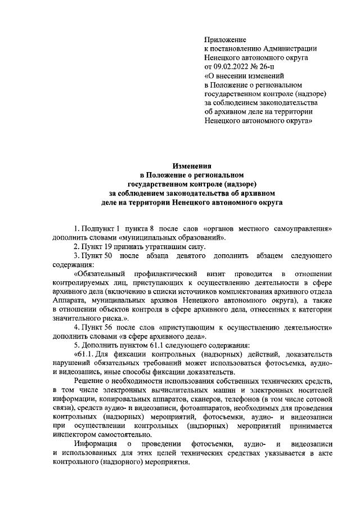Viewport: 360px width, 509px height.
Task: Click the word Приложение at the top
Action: point(225,40)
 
